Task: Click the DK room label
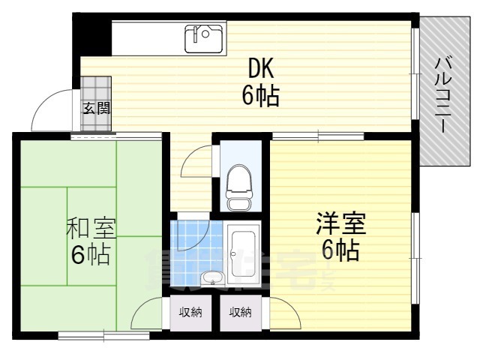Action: pyautogui.click(x=261, y=69)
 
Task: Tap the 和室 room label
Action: pyautogui.click(x=91, y=226)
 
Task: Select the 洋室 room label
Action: pyautogui.click(x=340, y=223)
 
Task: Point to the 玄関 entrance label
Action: pyautogui.click(x=96, y=108)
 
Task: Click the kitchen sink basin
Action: pyautogui.click(x=203, y=37)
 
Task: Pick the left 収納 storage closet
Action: pyautogui.click(x=191, y=312)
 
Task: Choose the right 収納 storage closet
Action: pyautogui.click(x=240, y=312)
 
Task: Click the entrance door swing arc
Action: pyautogui.click(x=46, y=111)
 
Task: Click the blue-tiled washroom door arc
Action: pyautogui.click(x=190, y=237)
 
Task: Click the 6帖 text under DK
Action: pyautogui.click(x=261, y=96)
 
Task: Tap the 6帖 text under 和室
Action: pyautogui.click(x=91, y=255)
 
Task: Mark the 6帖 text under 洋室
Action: pyautogui.click(x=340, y=250)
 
